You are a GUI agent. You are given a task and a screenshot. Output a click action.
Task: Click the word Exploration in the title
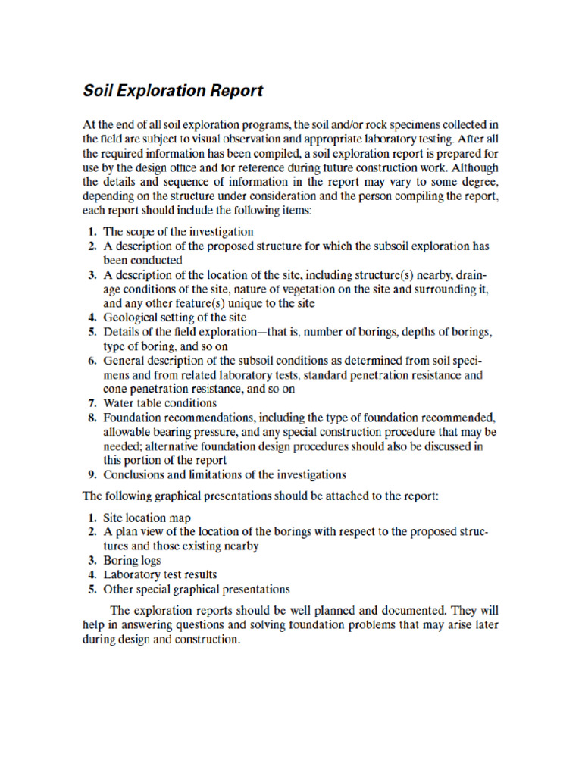tap(155, 92)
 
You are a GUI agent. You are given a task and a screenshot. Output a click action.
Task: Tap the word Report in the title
tap(233, 92)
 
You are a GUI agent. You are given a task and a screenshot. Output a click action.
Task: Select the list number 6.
tap(90, 361)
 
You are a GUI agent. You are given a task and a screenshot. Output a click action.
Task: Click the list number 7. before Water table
tap(90, 403)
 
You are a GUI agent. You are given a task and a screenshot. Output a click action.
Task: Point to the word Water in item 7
tap(118, 403)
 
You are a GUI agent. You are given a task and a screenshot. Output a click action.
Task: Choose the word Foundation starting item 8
tap(130, 418)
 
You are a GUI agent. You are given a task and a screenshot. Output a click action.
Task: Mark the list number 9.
tap(90, 475)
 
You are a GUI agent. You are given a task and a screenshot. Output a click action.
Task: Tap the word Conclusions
tap(134, 475)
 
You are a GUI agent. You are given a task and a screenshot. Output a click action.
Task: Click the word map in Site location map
tap(180, 518)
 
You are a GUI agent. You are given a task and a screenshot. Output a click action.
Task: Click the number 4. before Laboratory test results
tap(90, 574)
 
